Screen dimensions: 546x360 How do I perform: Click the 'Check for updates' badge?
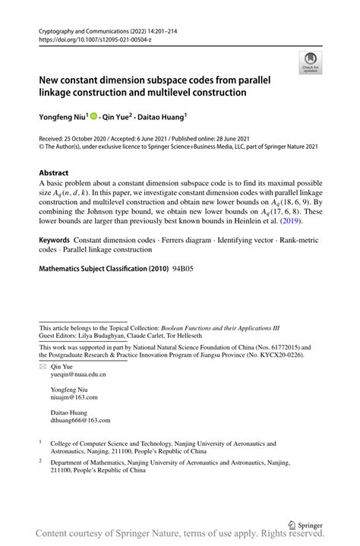[310, 62]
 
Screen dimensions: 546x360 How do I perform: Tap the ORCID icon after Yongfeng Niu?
[94, 117]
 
